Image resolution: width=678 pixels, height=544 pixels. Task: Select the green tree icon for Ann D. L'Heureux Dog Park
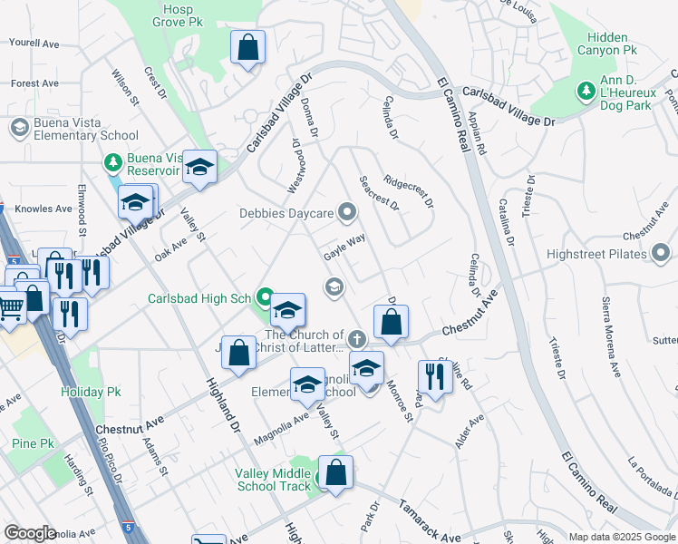pyautogui.click(x=586, y=91)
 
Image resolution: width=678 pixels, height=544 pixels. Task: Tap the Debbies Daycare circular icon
pyautogui.click(x=346, y=214)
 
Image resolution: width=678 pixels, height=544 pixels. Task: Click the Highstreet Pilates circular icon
pyautogui.click(x=661, y=250)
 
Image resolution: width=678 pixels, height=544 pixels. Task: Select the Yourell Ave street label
pyautogui.click(x=34, y=43)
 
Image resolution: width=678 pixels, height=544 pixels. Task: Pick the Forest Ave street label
pyautogui.click(x=35, y=83)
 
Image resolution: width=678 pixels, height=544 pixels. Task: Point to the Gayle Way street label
pyautogui.click(x=344, y=247)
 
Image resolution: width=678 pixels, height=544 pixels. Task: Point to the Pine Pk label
pyautogui.click(x=34, y=443)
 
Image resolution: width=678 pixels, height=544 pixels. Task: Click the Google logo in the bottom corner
pyautogui.click(x=30, y=533)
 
